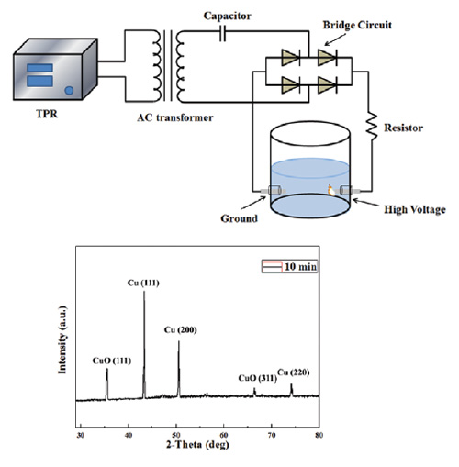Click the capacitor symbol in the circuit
[223, 33]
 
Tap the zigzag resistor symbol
[372, 127]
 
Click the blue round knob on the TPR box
[70, 91]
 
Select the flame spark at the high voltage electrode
[330, 190]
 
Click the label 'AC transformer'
[175, 117]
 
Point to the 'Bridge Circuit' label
[357, 25]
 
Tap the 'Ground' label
[239, 218]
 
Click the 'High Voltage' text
[415, 209]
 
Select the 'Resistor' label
[404, 128]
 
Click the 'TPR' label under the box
[47, 114]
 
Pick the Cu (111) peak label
[143, 283]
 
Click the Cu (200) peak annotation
[180, 330]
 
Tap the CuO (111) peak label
[112, 361]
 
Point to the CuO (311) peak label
[257, 378]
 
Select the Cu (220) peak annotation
[294, 372]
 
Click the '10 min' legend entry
[289, 267]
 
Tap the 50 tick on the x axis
[175, 435]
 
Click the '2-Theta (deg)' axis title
[197, 444]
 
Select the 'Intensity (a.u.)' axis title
[62, 339]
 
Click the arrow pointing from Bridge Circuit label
[335, 39]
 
